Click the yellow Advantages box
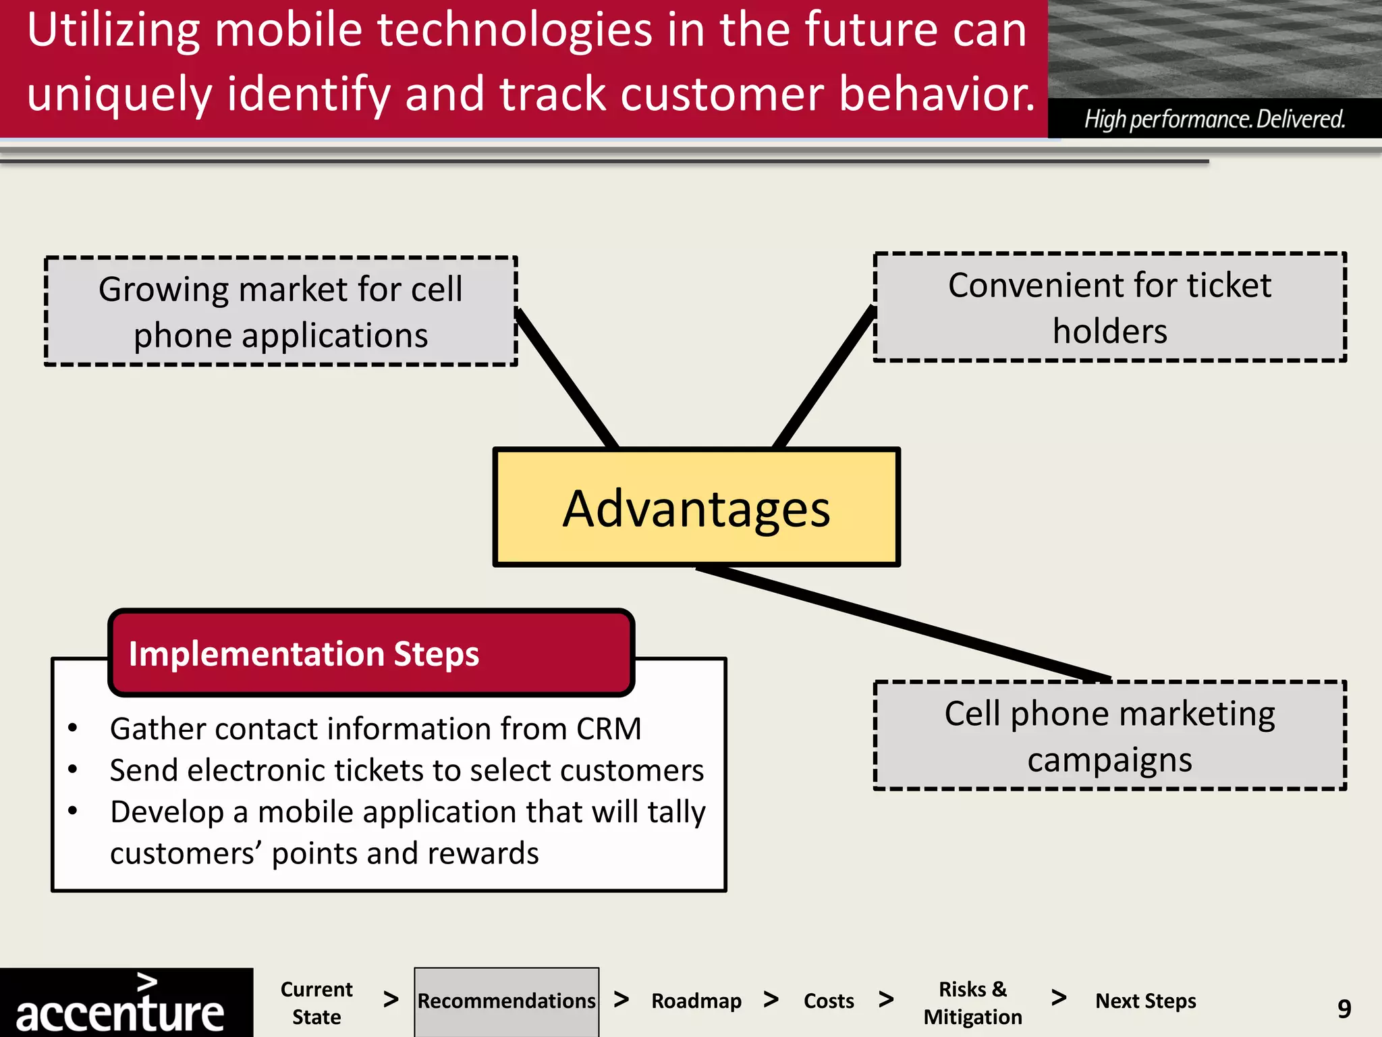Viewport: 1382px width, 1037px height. [696, 508]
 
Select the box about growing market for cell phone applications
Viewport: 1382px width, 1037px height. [281, 312]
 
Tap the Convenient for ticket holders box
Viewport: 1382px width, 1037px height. [1109, 308]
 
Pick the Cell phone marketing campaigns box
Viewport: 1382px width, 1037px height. [1109, 736]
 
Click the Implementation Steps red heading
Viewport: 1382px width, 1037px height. [304, 654]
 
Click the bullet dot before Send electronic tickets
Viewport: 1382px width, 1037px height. [73, 769]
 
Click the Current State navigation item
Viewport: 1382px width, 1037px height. [316, 1003]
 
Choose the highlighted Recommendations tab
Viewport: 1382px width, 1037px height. [506, 1001]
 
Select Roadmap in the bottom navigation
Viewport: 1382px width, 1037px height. [696, 1001]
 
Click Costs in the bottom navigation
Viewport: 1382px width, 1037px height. [829, 1001]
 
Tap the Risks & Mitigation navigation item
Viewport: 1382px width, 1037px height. [972, 1003]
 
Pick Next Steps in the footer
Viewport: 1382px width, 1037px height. [1145, 1001]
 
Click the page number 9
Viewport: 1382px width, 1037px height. [1344, 1009]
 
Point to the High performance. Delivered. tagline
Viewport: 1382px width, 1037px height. [1215, 119]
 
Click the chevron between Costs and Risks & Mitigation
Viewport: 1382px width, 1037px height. [887, 999]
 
